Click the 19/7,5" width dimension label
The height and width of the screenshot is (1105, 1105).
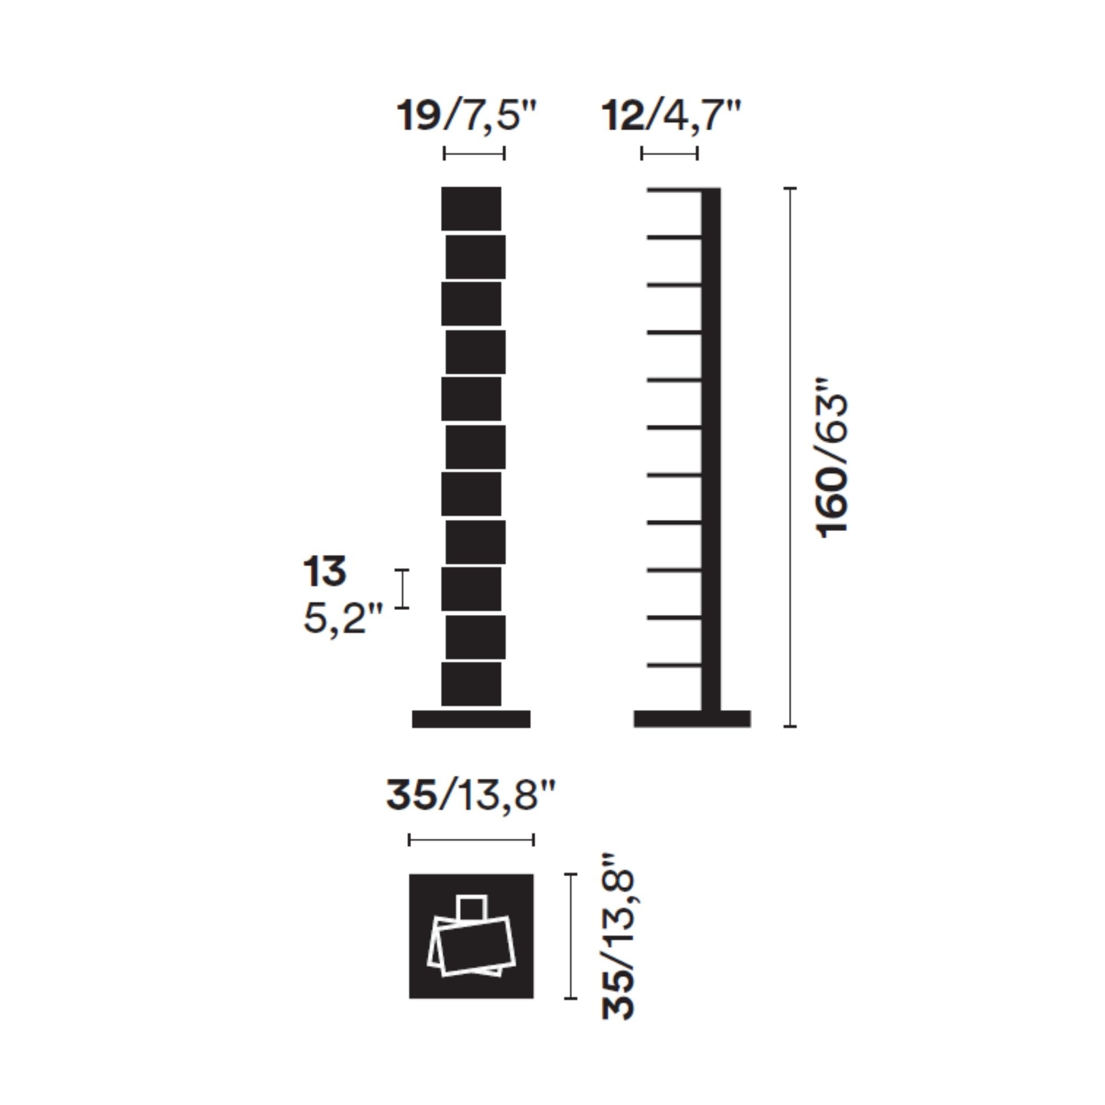tap(467, 115)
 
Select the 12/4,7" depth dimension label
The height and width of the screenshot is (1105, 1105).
tap(671, 115)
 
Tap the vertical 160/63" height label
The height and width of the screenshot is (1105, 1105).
tap(832, 457)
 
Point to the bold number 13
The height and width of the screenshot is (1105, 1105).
tap(324, 571)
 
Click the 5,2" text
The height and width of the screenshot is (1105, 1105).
tap(343, 619)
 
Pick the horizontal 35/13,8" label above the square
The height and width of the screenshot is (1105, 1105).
tap(471, 795)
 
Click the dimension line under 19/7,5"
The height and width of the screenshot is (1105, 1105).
tap(474, 153)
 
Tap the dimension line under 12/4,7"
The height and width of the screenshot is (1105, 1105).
tap(669, 153)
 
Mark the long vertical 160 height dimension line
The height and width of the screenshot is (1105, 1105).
tap(790, 457)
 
